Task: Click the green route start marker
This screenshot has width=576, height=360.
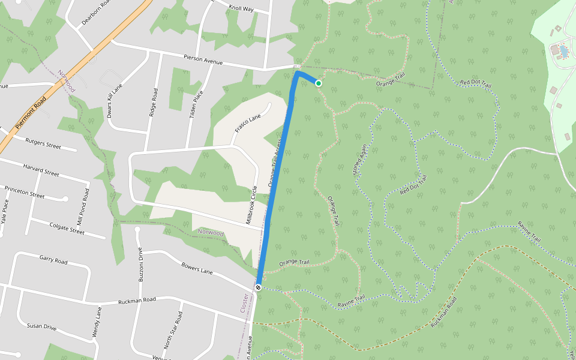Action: [319, 83]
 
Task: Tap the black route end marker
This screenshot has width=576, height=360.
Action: [258, 288]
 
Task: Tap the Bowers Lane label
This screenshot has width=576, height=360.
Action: [197, 268]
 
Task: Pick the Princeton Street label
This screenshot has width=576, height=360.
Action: [25, 192]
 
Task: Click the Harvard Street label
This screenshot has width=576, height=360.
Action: [41, 169]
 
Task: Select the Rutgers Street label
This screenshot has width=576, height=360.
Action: [43, 142]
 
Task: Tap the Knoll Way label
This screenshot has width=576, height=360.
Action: [242, 8]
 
